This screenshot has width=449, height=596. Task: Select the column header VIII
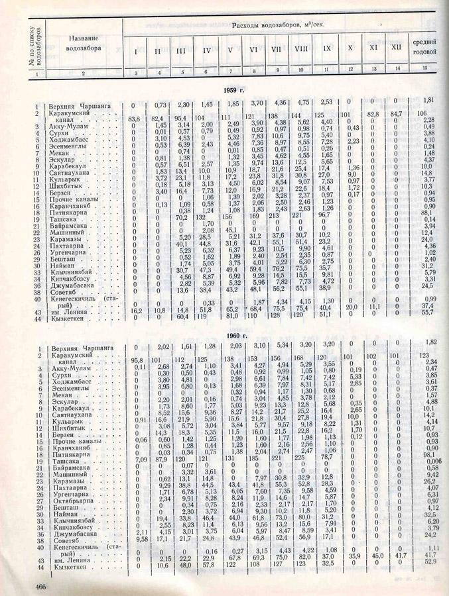coord(301,50)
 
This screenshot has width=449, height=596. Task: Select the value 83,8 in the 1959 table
coord(137,118)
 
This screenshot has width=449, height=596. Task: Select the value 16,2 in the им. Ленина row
coord(137,309)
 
